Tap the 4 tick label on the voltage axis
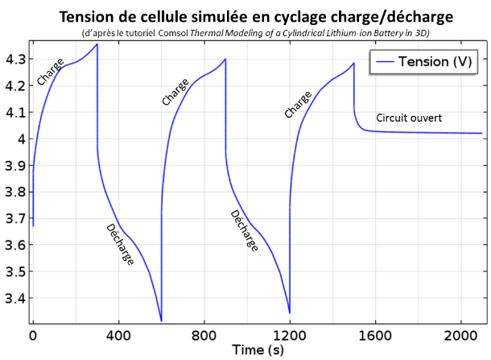[x=19, y=139]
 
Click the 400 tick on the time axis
[x=118, y=333]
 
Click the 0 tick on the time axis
[x=33, y=333]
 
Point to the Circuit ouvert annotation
[x=409, y=118]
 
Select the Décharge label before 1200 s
[x=244, y=231]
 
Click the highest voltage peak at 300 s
[x=97, y=44]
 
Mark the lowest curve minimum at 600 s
[x=161, y=321]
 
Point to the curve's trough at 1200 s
[x=289, y=312]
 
